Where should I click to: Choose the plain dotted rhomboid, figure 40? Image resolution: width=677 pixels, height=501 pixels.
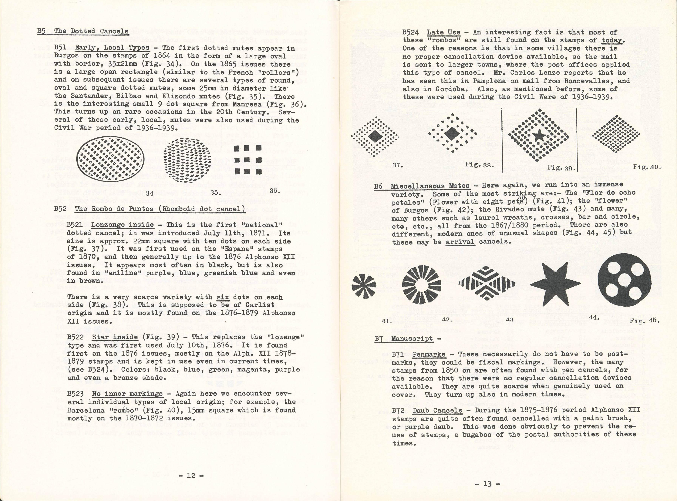[616, 133]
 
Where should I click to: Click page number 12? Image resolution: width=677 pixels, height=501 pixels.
[191, 476]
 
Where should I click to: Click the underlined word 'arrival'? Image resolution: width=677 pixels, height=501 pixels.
[460, 242]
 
